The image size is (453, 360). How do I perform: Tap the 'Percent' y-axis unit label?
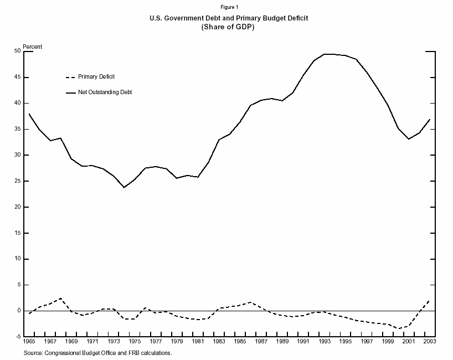(32, 47)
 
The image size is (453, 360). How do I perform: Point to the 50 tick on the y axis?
(18, 51)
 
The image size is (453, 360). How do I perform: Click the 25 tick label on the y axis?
(18, 181)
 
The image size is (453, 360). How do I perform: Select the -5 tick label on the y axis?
(18, 337)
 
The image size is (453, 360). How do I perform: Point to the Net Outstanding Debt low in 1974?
(124, 187)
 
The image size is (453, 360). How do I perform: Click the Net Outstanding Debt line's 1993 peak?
(325, 54)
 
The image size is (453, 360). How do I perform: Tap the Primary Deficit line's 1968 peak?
(60, 299)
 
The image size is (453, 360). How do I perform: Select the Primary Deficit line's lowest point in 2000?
(398, 328)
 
